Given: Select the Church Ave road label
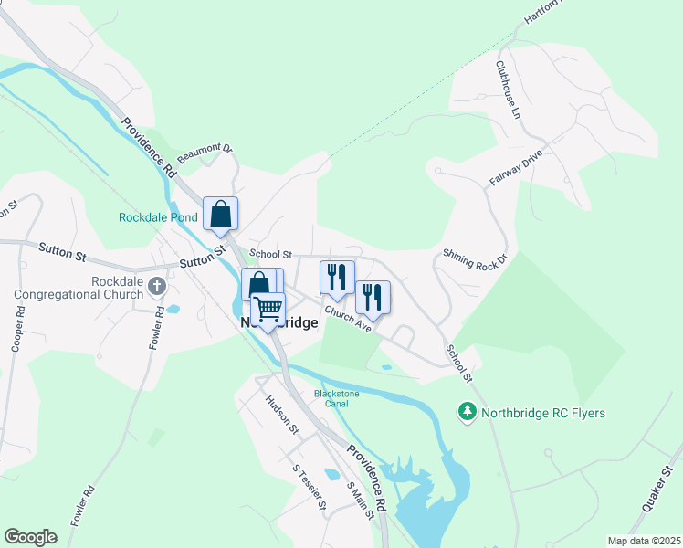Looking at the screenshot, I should tap(346, 320).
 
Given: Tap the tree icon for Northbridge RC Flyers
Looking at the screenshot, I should tap(468, 413).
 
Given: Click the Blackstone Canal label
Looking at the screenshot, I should tap(337, 398).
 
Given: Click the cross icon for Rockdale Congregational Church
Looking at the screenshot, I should tap(156, 287).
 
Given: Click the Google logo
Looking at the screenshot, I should tap(30, 537).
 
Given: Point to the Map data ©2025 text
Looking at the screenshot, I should tap(644, 541).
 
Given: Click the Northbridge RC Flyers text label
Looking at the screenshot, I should tap(543, 414).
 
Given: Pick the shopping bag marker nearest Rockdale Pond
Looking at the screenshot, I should tap(221, 214).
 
